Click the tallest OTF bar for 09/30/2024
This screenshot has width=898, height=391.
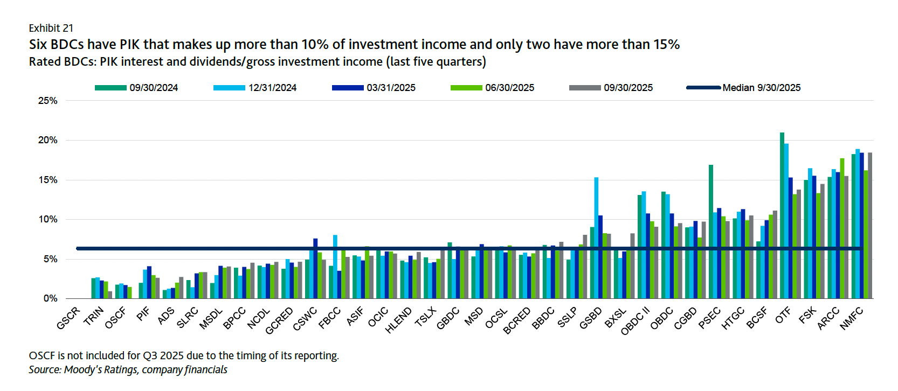click(x=782, y=215)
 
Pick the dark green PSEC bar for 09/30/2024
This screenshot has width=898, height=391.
click(x=711, y=232)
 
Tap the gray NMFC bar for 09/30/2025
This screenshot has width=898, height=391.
click(x=870, y=226)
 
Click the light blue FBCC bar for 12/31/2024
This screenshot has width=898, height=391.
click(x=335, y=267)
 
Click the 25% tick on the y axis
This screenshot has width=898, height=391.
click(x=48, y=101)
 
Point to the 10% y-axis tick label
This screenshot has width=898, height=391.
click(x=48, y=219)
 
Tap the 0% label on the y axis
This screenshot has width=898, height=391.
click(x=50, y=298)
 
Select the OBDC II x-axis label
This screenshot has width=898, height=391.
click(x=635, y=321)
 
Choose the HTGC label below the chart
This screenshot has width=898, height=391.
click(x=733, y=318)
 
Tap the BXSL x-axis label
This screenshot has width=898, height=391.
click(x=616, y=318)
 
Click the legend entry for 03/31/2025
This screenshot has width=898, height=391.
click(x=391, y=88)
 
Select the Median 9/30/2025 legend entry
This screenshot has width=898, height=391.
click(x=761, y=88)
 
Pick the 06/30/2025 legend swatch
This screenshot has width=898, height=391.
click(x=466, y=88)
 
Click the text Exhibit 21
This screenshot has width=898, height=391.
click(x=51, y=28)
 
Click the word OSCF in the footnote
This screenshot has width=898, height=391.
click(x=42, y=355)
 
